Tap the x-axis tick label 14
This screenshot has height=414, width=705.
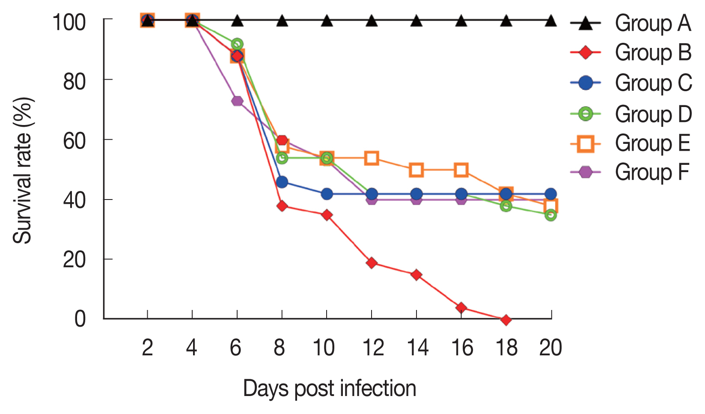[417, 348]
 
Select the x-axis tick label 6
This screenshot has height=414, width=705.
[236, 348]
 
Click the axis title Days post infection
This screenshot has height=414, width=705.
[330, 389]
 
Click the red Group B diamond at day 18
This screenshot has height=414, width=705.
[506, 320]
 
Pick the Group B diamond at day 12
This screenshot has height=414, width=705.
[372, 262]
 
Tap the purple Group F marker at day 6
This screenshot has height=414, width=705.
[237, 101]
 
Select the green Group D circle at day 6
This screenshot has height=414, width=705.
[237, 44]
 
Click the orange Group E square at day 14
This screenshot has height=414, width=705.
[416, 170]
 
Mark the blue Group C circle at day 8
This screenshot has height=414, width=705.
[282, 182]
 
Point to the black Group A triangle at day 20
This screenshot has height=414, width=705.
[551, 21]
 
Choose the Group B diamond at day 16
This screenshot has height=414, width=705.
[461, 308]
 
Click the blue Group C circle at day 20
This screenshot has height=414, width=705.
[551, 194]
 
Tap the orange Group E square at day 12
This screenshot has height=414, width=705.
[372, 158]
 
